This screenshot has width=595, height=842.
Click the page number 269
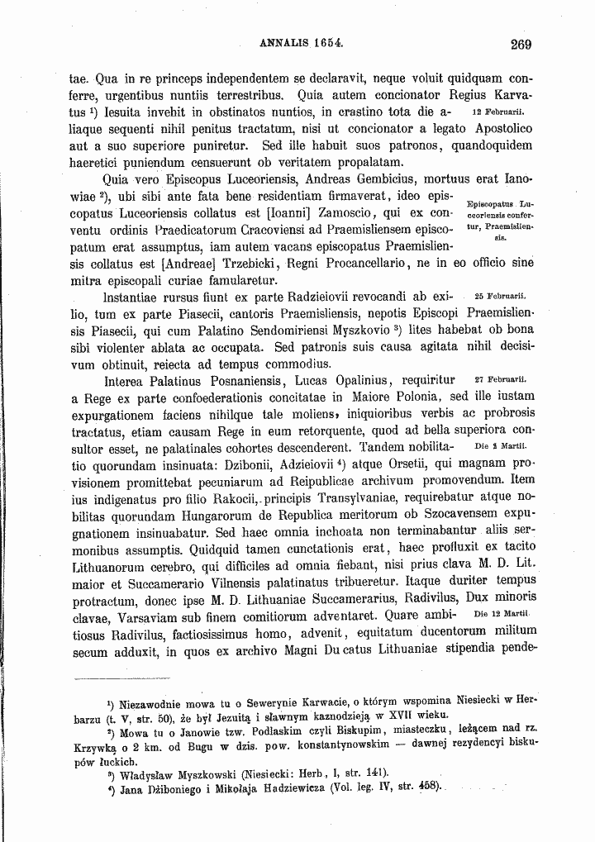[x=521, y=45]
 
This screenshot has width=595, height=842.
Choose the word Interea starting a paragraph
[x=127, y=381]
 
